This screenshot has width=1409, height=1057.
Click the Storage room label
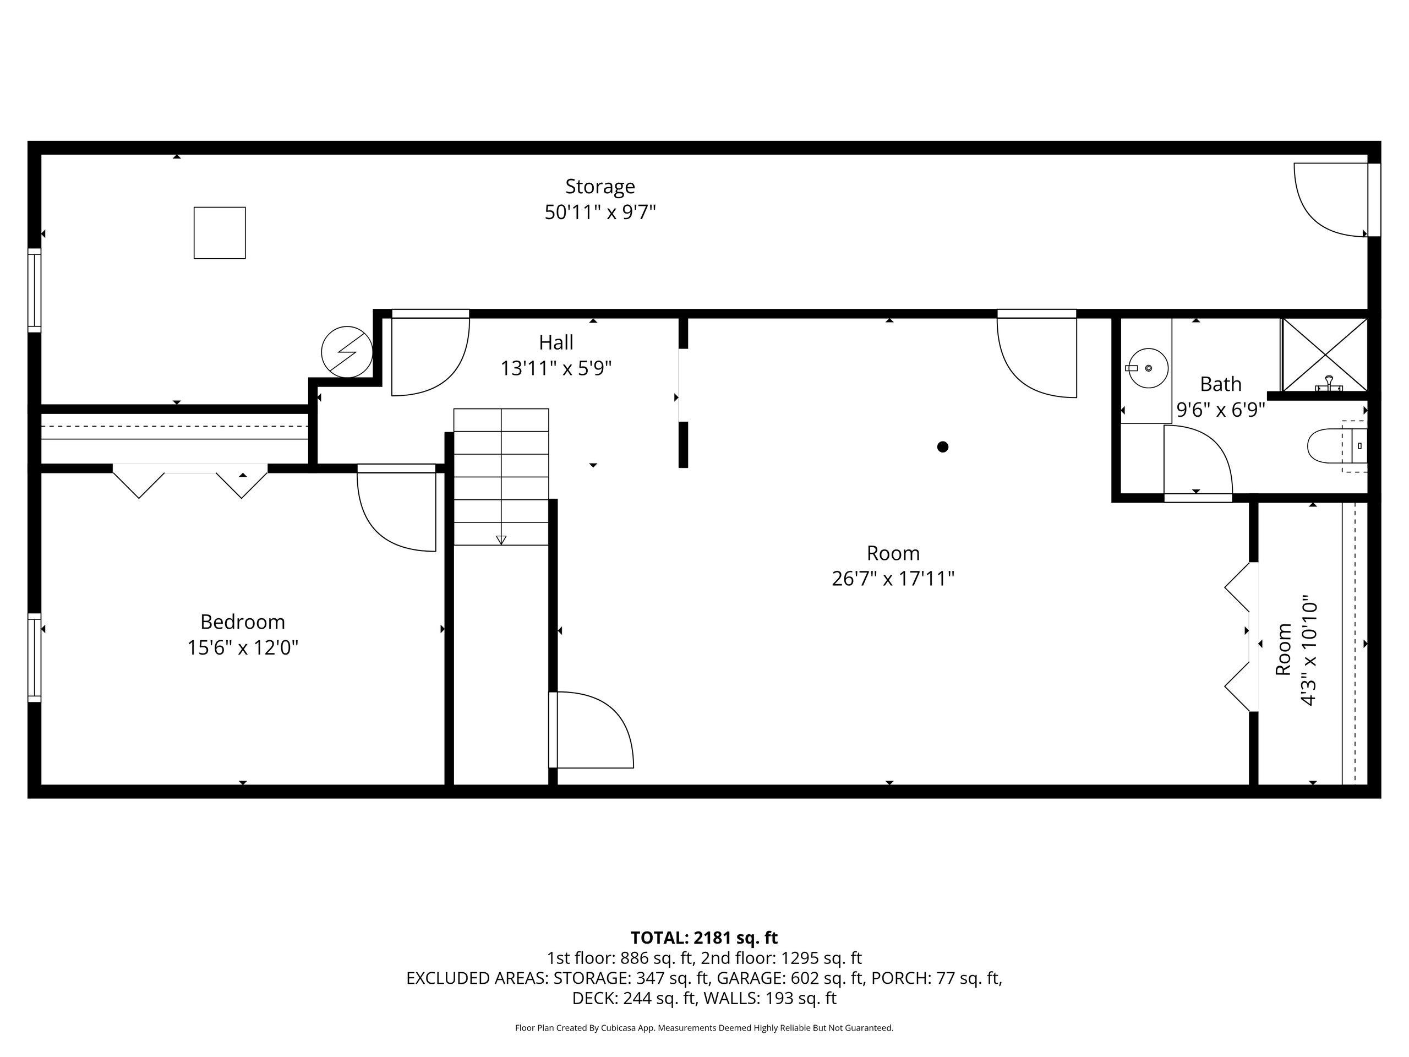click(x=600, y=187)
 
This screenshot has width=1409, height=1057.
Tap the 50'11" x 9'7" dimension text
click(x=600, y=212)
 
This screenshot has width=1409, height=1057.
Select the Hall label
click(x=556, y=343)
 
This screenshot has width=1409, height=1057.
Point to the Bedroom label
click(x=243, y=622)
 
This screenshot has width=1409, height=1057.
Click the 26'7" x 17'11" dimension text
click(x=893, y=579)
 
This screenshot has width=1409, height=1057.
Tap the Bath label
click(x=1220, y=384)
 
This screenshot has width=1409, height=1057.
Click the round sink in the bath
click(x=1148, y=368)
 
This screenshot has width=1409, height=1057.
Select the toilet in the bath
click(x=1336, y=446)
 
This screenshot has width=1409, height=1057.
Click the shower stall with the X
click(x=1324, y=355)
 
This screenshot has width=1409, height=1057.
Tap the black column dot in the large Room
click(x=943, y=446)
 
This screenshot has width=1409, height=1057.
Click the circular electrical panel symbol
click(x=347, y=352)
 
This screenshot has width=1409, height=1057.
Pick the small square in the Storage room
click(x=220, y=232)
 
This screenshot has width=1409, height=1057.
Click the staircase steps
click(x=501, y=477)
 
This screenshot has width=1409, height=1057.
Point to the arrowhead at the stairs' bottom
click(x=501, y=540)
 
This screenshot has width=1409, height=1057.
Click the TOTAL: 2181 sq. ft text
click(x=704, y=938)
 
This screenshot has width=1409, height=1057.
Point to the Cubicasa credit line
click(x=704, y=1028)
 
